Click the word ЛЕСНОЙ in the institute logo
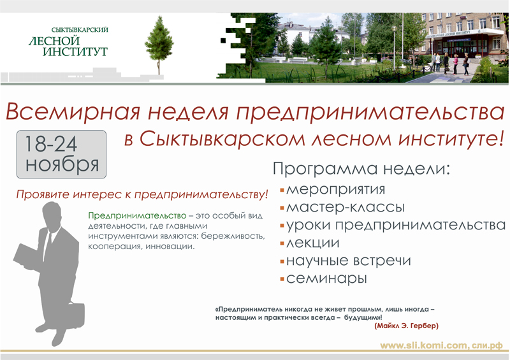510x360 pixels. [54, 41]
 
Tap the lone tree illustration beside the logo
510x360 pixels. [159, 45]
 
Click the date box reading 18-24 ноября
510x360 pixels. [61, 154]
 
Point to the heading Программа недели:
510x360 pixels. [361, 169]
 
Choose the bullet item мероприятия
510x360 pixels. [336, 190]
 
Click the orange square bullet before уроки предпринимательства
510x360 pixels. [282, 226]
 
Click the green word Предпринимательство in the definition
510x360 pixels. [137, 215]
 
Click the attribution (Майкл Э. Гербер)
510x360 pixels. [406, 326]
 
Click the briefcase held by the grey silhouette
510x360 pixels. [75, 317]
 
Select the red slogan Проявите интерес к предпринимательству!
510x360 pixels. [142, 194]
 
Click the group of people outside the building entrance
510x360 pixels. [451, 64]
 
